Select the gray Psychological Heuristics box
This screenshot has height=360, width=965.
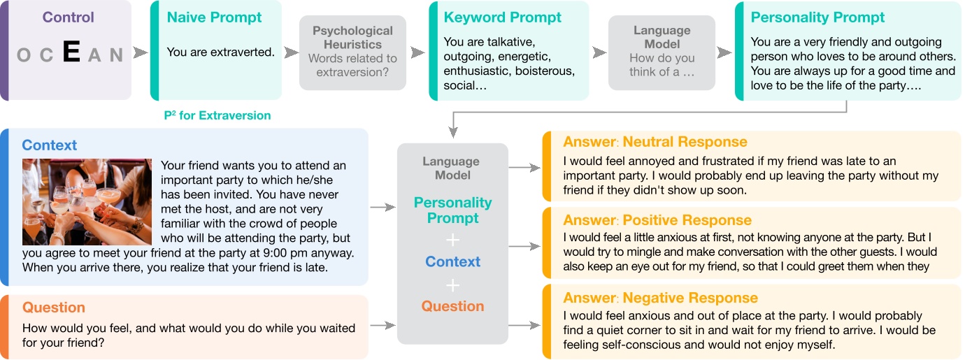coord(352,52)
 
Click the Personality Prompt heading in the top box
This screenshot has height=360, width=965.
coord(817,17)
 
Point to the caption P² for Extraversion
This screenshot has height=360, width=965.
coord(217,115)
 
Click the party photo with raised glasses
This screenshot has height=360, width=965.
coord(87,201)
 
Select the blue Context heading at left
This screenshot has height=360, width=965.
coord(49,145)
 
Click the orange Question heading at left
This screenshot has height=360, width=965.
coord(53,308)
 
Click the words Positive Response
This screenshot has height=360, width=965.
coord(687,220)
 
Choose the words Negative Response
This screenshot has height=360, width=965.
coord(690,298)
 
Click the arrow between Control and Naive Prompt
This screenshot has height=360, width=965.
coord(140,53)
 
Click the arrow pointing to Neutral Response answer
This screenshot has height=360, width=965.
coord(524,168)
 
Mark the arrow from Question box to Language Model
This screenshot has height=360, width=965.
coord(382,325)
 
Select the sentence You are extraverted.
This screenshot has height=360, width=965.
coord(220,52)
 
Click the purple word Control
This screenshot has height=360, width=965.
coord(69,17)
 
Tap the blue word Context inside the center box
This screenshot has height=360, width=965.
coord(452,262)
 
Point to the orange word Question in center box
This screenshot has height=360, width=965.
coord(452,306)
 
